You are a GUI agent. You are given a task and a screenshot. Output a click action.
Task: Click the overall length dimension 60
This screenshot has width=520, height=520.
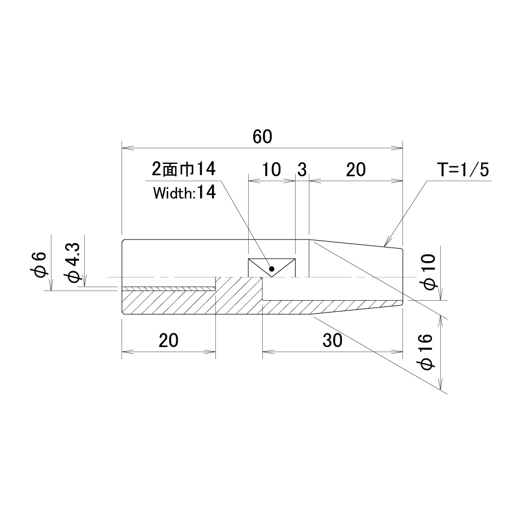(x=262, y=137)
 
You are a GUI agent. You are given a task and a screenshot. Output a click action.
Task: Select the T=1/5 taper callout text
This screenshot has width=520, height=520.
(x=463, y=170)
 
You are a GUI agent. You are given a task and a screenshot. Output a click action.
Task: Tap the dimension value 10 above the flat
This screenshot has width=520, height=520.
(x=272, y=170)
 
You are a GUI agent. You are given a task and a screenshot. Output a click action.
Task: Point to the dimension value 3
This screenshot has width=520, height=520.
(x=302, y=170)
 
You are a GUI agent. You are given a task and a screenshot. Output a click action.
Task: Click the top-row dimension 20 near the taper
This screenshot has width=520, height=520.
(x=356, y=170)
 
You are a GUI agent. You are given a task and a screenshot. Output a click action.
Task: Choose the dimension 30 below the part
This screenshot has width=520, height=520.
(x=332, y=341)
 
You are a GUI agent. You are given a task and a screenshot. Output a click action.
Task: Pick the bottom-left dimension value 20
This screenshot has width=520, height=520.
(x=168, y=341)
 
